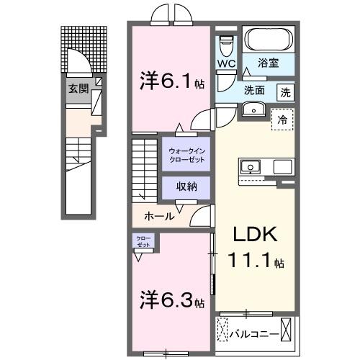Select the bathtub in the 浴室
pos(266,40)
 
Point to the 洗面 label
pos(253,91)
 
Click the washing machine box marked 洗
pos(286,91)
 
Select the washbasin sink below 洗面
pos(253,109)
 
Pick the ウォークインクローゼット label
pos(186,154)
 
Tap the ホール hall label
pos(158,215)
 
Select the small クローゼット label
pos(141,241)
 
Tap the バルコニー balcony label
pos(254,334)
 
